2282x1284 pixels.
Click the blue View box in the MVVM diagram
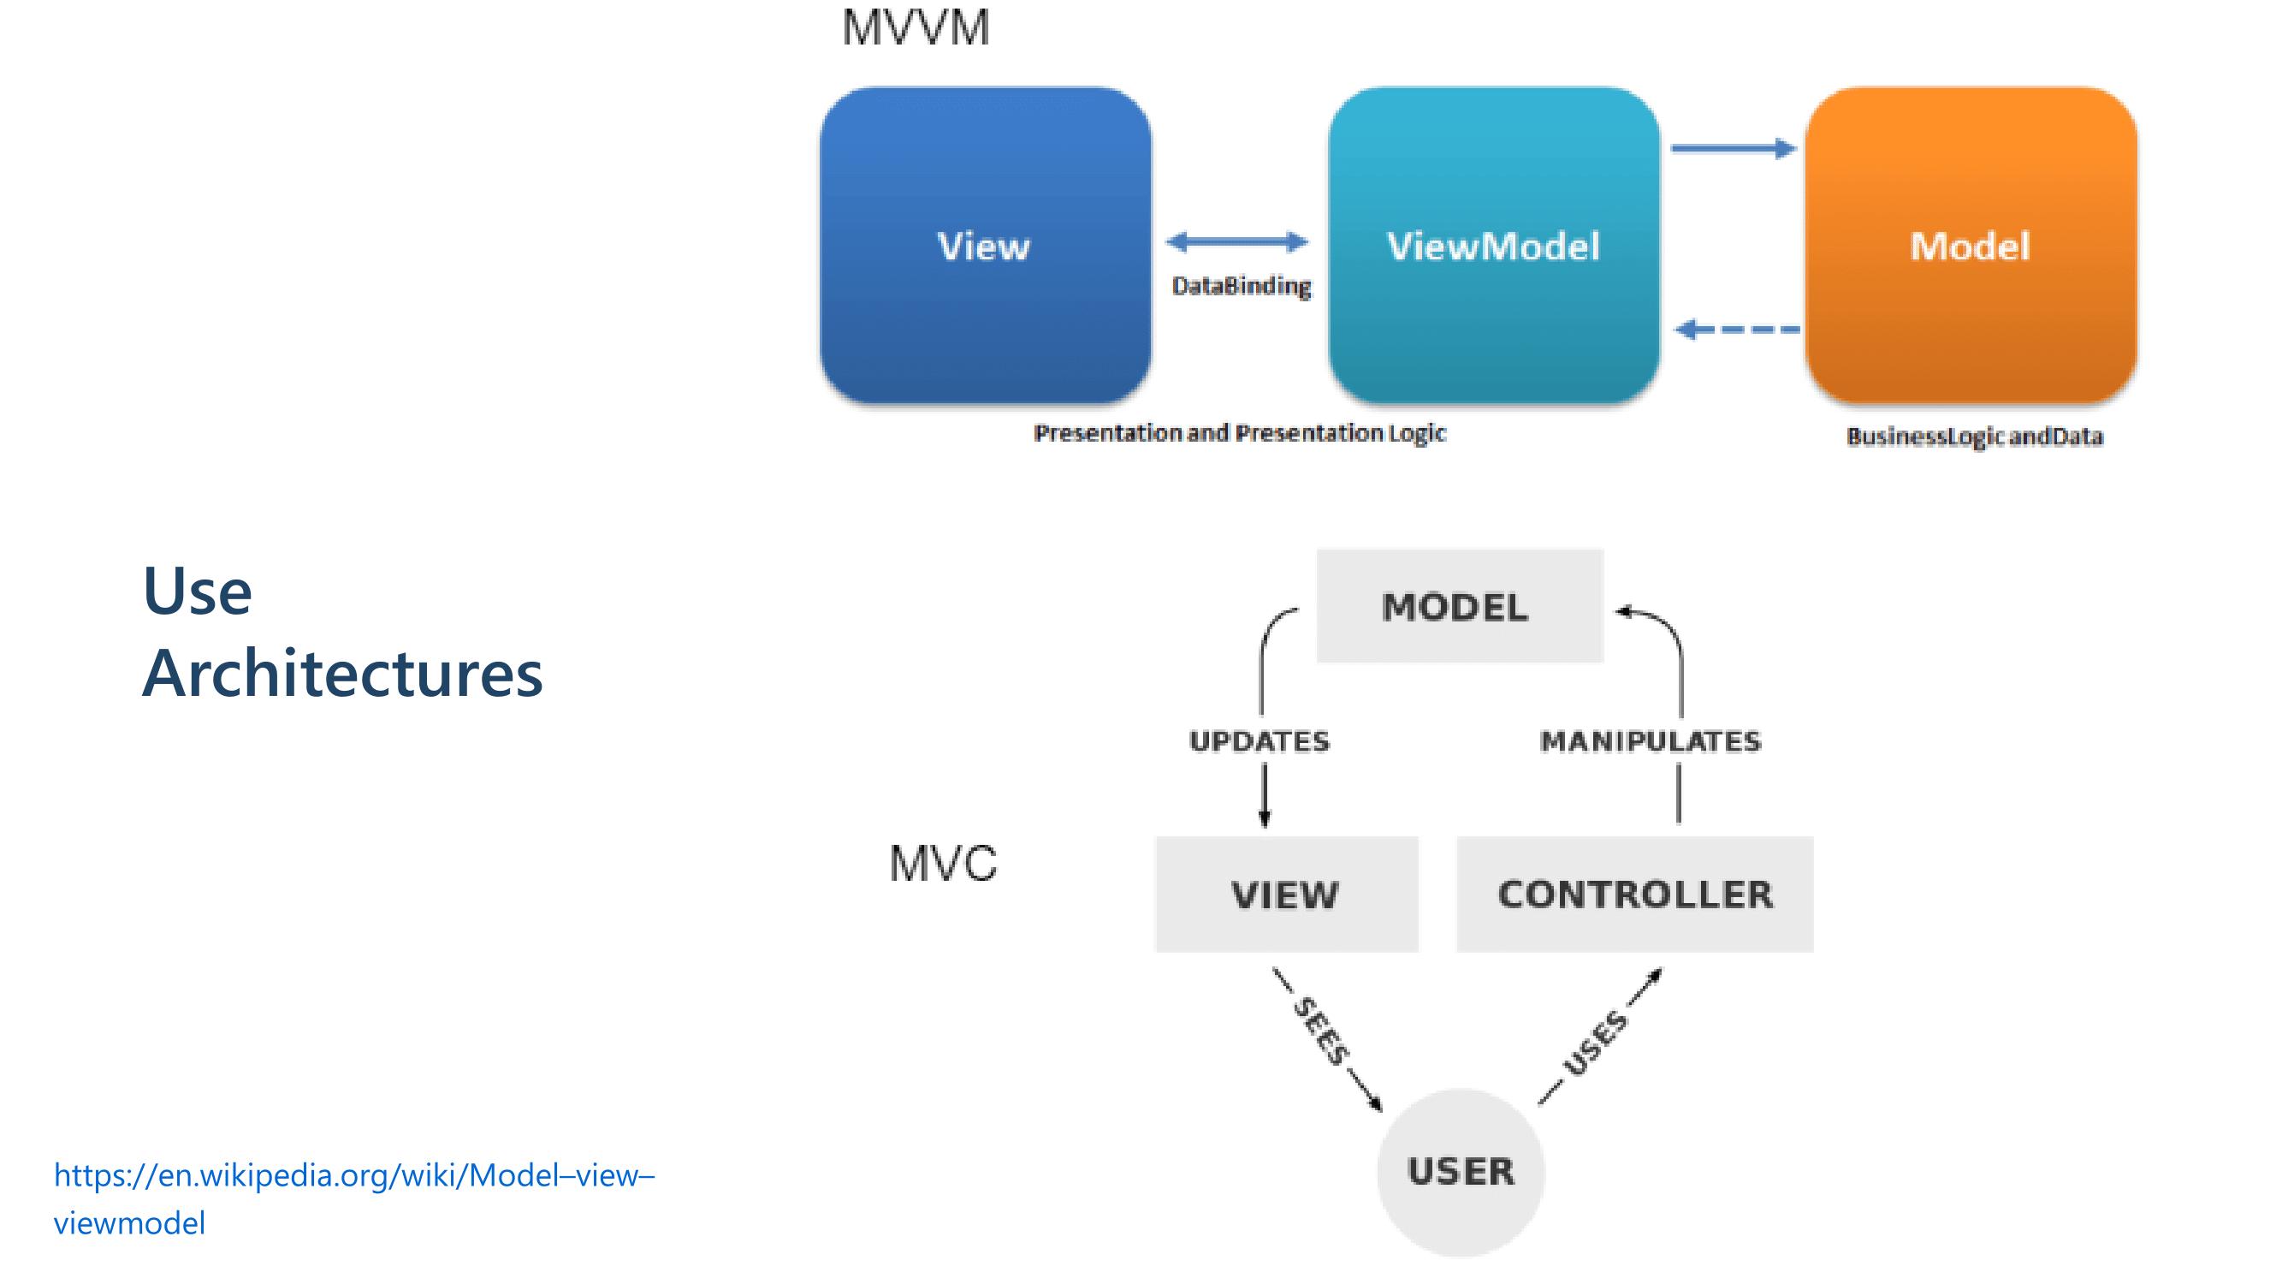coord(985,245)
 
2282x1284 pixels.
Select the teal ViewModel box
coord(1494,245)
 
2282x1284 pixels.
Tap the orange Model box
coord(1971,245)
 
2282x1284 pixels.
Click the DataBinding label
coord(1241,285)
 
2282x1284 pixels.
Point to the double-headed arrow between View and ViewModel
coord(1236,241)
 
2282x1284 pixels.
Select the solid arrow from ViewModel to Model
coord(1733,149)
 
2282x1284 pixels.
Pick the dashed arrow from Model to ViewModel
coord(1736,330)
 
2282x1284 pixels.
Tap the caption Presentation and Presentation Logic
coord(1239,432)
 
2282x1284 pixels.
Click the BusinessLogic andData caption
coord(1974,436)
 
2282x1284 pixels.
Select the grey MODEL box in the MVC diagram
coord(1459,606)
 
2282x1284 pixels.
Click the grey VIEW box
coord(1286,895)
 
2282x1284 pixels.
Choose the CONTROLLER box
coord(1634,895)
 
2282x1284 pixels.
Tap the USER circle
coord(1461,1172)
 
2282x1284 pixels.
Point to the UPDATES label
coord(1259,740)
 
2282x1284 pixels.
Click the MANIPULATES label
coord(1651,740)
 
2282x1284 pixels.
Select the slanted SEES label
coord(1322,1031)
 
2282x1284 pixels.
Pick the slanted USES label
coord(1595,1042)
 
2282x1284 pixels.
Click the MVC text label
coord(943,863)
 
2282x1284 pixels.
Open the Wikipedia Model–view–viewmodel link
coord(353,1176)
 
